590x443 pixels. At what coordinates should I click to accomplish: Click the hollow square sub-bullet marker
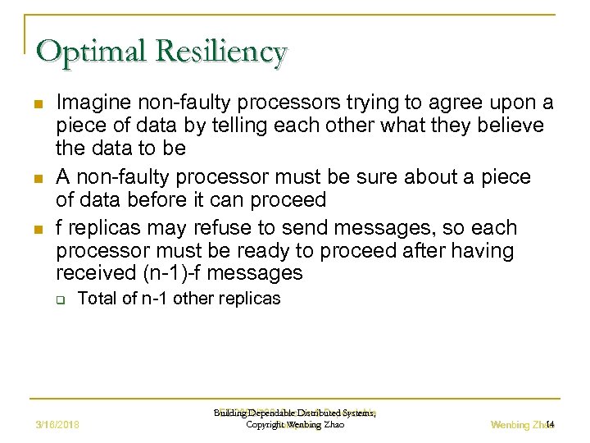(x=60, y=299)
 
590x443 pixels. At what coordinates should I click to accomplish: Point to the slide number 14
(x=551, y=424)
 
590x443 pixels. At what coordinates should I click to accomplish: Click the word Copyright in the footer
(x=265, y=425)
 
